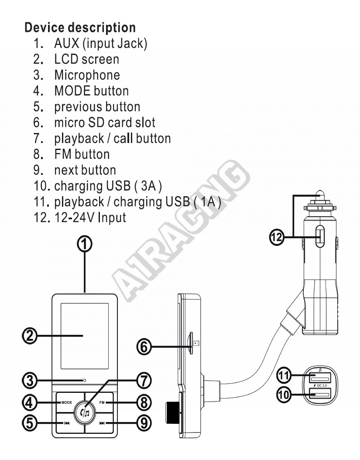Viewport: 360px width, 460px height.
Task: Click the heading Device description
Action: tap(80, 27)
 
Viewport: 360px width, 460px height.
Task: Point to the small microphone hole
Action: tap(85, 381)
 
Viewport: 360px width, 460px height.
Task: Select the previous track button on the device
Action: tap(66, 423)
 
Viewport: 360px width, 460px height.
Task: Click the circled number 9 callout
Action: tap(144, 423)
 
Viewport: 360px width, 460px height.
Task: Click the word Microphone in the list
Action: tap(87, 75)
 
